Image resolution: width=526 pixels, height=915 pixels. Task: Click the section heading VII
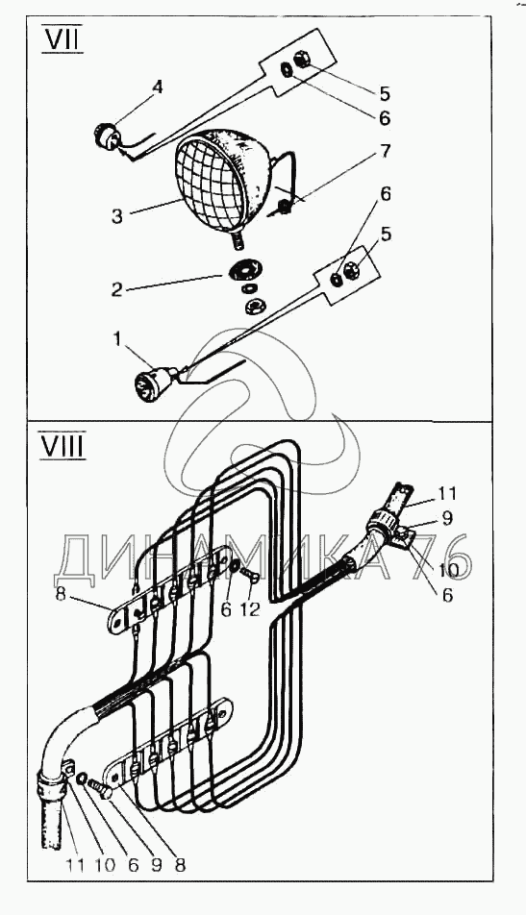coord(62,40)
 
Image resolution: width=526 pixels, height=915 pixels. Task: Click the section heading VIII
coord(62,446)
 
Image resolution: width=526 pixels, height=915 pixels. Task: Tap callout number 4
coord(157,88)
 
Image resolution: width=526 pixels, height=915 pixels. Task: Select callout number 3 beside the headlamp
coord(116,216)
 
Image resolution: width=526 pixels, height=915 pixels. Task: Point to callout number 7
coord(385,152)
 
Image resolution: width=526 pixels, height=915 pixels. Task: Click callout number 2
coord(116,289)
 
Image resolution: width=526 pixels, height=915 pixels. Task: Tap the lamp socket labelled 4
coord(108,136)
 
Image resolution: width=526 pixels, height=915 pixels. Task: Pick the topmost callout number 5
coord(384,93)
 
